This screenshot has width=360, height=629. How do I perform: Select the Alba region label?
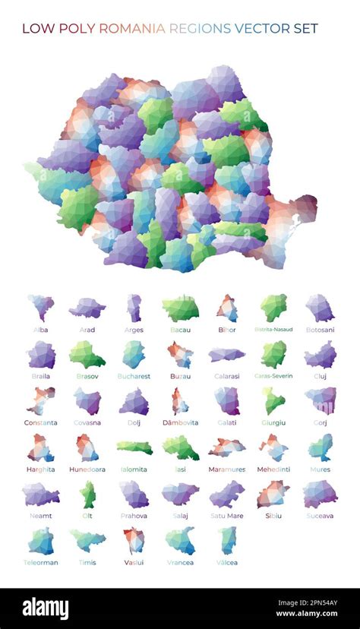[41, 330]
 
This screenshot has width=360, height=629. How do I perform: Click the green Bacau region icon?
[180, 308]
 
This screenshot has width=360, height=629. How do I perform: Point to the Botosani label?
[320, 330]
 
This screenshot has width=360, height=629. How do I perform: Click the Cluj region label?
[320, 376]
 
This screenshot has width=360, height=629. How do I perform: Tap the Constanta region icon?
[40, 400]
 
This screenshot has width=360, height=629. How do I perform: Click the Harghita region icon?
[40, 448]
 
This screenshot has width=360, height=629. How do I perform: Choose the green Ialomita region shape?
[134, 448]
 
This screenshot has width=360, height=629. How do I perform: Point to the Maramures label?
[226, 469]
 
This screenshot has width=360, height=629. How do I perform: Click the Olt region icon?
[88, 495]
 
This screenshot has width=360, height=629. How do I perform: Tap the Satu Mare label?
[226, 516]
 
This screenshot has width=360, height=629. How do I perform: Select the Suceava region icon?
[320, 495]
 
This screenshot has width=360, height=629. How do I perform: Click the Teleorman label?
[41, 563]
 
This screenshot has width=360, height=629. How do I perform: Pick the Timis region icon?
[88, 540]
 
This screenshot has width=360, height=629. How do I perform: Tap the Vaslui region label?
[134, 563]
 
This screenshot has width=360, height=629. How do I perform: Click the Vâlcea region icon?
[226, 541]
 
